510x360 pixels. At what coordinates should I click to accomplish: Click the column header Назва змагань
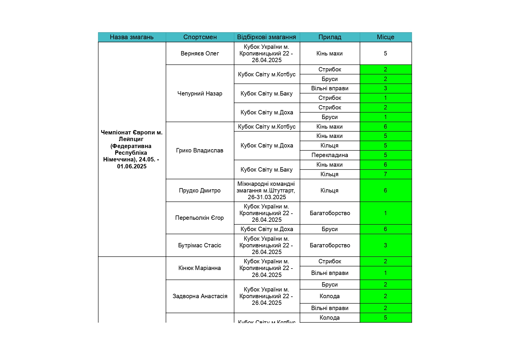click(x=132, y=37)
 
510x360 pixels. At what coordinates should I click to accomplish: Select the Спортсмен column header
click(x=200, y=37)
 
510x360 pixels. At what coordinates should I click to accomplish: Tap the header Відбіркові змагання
click(x=266, y=37)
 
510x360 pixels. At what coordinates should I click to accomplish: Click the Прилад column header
click(x=330, y=37)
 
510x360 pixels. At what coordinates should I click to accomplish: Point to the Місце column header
click(x=385, y=37)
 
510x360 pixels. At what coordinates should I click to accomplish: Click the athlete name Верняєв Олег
click(x=200, y=53)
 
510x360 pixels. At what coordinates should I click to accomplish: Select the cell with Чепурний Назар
click(x=200, y=93)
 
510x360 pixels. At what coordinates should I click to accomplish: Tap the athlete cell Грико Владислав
click(x=200, y=150)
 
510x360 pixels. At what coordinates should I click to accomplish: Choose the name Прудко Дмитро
click(x=200, y=190)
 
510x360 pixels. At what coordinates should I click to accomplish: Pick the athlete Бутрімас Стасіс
click(x=200, y=245)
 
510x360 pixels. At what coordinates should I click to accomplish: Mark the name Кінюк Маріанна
click(x=200, y=268)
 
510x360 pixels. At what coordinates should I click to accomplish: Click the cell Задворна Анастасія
click(x=200, y=296)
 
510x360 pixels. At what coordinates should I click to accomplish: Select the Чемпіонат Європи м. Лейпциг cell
click(x=132, y=149)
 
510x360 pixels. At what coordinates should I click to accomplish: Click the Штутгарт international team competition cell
click(x=266, y=190)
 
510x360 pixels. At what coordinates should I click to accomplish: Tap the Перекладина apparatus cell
click(x=330, y=155)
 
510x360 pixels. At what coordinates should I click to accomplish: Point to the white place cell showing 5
click(x=385, y=53)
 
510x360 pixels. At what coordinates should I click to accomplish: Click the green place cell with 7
click(x=385, y=174)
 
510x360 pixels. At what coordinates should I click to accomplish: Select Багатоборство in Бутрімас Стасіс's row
click(x=330, y=245)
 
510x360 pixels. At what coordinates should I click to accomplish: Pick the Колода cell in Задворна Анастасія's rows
click(x=330, y=296)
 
